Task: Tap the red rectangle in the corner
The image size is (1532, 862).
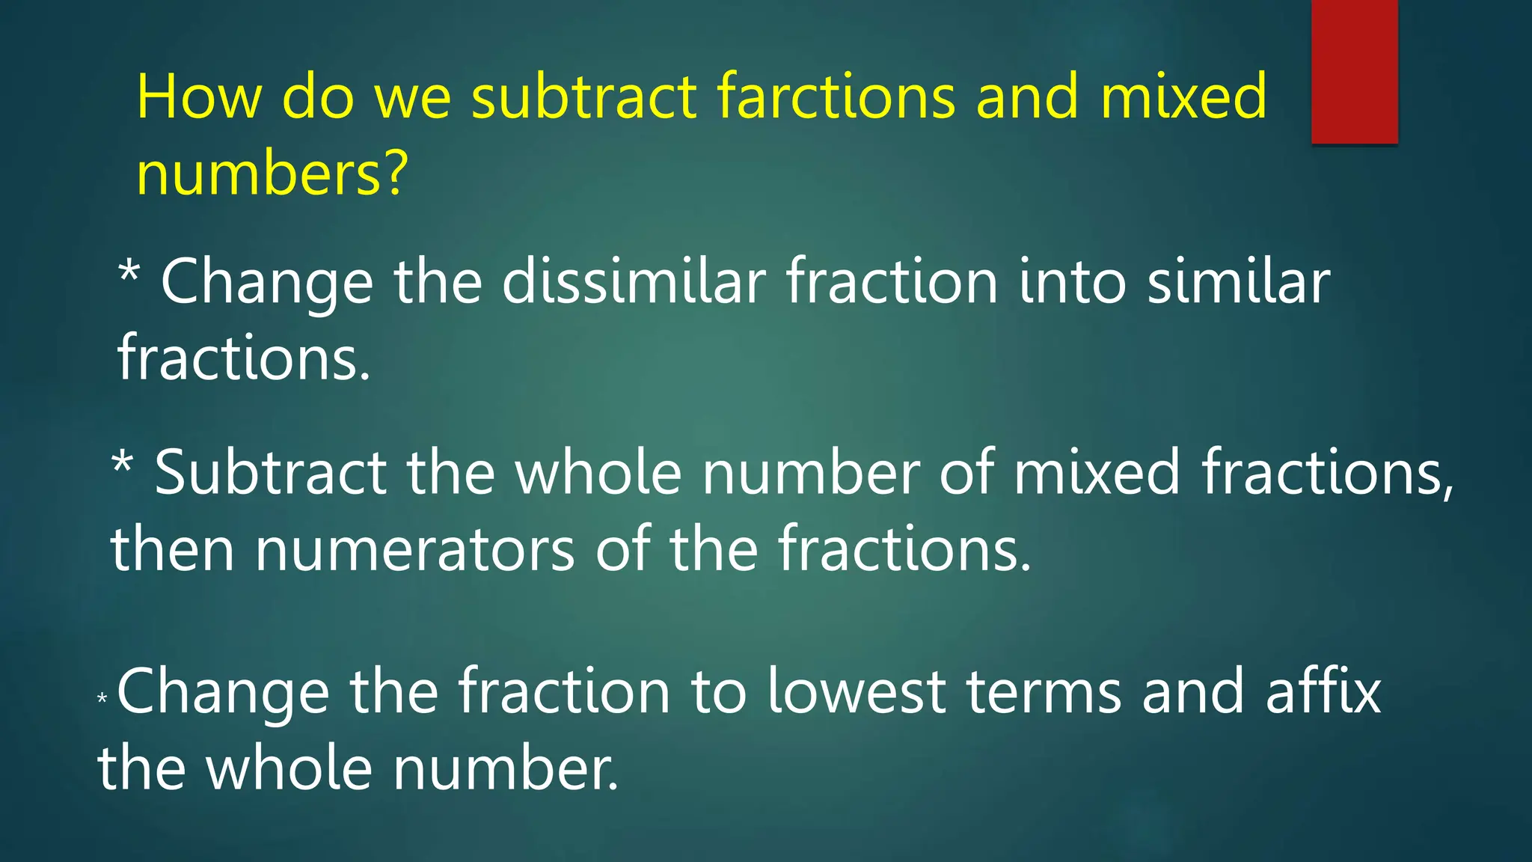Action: coord(1354,71)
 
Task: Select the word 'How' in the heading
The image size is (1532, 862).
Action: coord(199,97)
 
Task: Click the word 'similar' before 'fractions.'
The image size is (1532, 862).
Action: coord(1239,283)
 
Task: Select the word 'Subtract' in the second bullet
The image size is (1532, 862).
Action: coord(270,473)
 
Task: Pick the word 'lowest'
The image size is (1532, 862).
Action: coord(857,692)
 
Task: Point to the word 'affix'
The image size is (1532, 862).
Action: coord(1323,692)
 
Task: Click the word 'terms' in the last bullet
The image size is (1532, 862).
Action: coord(1044,692)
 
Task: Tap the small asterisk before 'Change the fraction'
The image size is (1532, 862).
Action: coord(102,700)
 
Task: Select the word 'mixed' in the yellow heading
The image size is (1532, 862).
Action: coord(1183,97)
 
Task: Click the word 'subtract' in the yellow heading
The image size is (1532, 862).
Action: coord(584,97)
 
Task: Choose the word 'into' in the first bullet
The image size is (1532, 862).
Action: coord(1072,283)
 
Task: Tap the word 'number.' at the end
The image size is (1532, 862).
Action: coord(506,769)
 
